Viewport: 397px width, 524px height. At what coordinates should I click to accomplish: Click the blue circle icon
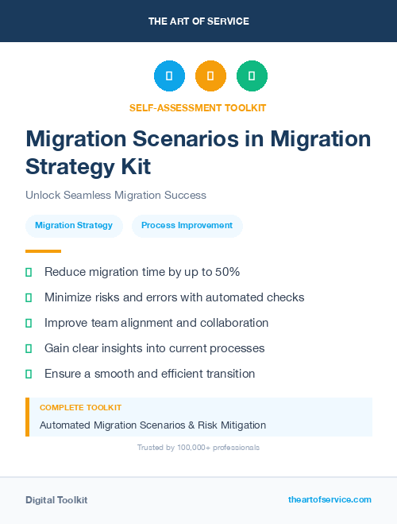169,76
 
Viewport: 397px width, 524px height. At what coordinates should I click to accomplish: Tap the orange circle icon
210,76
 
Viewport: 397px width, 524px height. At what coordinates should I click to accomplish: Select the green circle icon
252,76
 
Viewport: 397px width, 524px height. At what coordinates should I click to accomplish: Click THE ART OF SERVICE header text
198,21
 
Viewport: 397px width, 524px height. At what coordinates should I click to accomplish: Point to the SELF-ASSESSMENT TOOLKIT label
198,107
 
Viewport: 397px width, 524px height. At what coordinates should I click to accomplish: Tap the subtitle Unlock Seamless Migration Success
116,195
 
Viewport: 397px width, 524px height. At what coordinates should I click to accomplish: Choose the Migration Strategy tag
74,225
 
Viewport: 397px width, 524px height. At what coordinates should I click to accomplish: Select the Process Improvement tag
187,225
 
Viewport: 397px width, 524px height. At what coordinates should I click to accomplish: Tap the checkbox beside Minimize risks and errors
29,297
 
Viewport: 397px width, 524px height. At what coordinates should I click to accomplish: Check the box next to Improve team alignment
29,323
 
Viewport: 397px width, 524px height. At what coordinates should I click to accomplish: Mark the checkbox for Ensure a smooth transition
29,374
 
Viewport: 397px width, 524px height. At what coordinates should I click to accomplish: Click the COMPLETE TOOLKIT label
80,408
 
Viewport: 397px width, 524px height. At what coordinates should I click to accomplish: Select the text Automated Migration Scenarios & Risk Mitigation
152,425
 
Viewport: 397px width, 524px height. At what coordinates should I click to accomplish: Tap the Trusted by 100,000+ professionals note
198,448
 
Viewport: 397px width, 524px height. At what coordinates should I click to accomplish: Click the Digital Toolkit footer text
56,500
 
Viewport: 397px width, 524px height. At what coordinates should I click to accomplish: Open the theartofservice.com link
330,499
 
